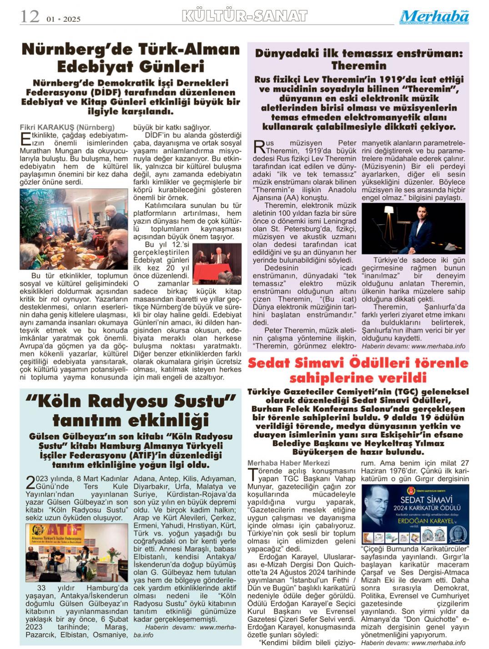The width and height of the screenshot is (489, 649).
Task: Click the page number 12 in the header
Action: [x=30, y=17]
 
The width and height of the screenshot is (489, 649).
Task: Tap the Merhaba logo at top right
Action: [x=434, y=17]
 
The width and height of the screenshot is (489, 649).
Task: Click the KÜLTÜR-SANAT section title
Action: [x=244, y=16]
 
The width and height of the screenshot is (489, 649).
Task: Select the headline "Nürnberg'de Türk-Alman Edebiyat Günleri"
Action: [x=131, y=57]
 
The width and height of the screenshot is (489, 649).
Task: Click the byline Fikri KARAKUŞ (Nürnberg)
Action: [x=67, y=127]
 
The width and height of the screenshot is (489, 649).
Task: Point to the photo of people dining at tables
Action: [x=74, y=229]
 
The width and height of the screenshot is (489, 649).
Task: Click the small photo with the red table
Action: [x=217, y=263]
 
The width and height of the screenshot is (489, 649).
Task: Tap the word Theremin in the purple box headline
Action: [x=359, y=66]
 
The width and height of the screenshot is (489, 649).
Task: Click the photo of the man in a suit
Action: [x=413, y=228]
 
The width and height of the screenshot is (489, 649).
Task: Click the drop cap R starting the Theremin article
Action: [x=258, y=147]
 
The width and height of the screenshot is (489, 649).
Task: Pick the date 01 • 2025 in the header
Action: [x=63, y=19]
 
